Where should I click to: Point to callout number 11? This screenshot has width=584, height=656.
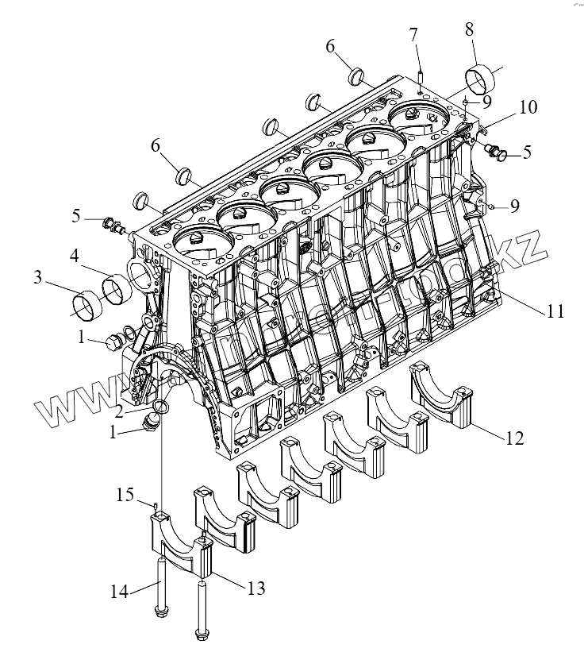point(555,311)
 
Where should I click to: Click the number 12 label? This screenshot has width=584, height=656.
point(514,437)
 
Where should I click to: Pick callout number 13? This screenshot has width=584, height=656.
point(255,588)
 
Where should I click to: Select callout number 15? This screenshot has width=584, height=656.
point(124,496)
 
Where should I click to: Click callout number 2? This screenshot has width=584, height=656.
point(117,411)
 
